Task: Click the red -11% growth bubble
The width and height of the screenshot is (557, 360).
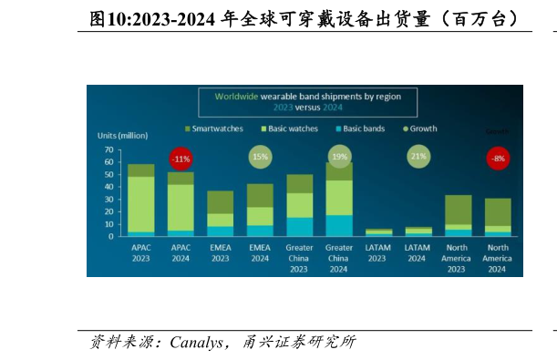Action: [181, 158]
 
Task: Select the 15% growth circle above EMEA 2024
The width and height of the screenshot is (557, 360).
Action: [260, 157]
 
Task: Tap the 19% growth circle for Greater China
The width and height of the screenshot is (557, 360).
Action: [339, 157]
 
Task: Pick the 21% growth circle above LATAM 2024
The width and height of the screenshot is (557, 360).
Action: [418, 157]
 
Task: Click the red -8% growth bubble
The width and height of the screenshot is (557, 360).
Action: [498, 158]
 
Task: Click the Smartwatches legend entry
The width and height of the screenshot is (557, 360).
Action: [213, 129]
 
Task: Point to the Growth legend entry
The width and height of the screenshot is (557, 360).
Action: [419, 129]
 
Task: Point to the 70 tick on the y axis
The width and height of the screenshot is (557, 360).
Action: [108, 149]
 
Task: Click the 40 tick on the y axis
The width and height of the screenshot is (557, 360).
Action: [108, 187]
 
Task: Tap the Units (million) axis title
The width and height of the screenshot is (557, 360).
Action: [122, 136]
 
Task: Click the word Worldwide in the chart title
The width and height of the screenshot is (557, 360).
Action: [238, 96]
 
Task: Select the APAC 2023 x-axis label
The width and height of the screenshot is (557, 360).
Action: [140, 252]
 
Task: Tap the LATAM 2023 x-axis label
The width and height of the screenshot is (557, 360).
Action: [378, 252]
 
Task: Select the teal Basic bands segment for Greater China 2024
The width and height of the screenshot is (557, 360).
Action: [339, 226]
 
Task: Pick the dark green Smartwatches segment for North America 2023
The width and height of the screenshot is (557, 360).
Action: [459, 210]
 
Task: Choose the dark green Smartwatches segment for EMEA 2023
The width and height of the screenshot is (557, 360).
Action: [220, 202]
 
